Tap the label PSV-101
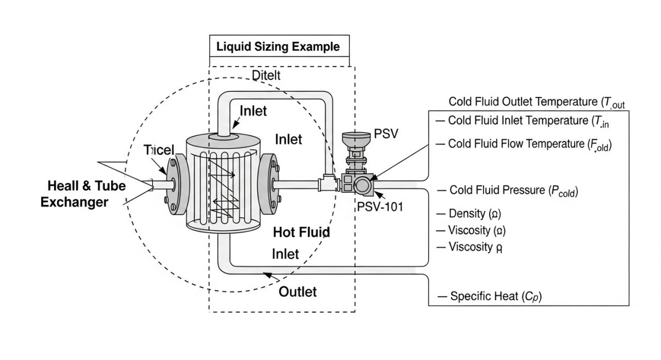click(380, 207)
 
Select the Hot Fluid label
click(301, 232)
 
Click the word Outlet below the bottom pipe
click(297, 291)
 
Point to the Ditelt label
click(266, 75)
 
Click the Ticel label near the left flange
click(159, 150)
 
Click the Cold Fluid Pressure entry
click(508, 190)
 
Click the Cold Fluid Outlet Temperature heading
click(537, 102)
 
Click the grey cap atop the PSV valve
click(355, 137)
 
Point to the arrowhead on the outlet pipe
click(267, 274)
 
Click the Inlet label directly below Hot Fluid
click(285, 254)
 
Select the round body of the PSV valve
click(362, 185)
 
